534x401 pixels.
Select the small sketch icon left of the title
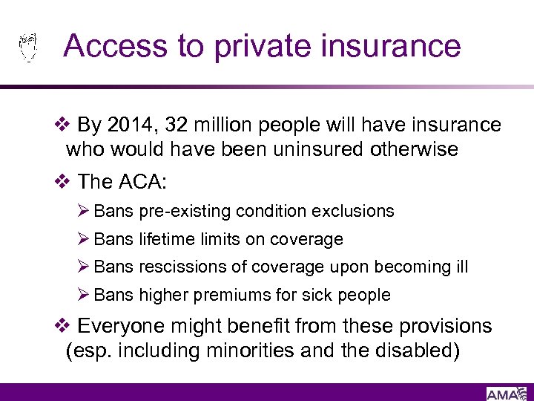point(27,47)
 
